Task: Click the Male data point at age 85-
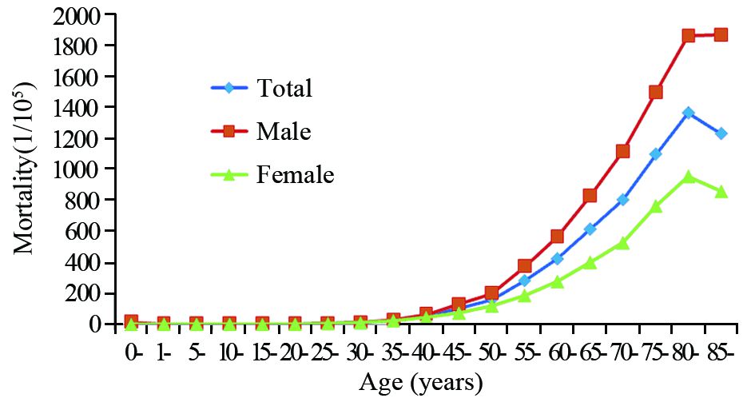tap(721, 34)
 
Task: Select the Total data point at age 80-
tap(688, 113)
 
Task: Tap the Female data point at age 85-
tap(721, 192)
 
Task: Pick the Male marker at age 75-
tap(656, 92)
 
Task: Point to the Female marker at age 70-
tap(623, 242)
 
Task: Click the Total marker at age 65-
tap(590, 229)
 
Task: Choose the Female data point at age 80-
tap(688, 177)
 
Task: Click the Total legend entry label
tap(284, 88)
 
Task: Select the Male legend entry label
tap(284, 131)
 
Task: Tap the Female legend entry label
tap(295, 174)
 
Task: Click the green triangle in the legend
tap(229, 175)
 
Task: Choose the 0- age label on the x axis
tap(133, 352)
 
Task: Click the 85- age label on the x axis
tap(721, 352)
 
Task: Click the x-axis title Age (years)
tap(422, 383)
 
